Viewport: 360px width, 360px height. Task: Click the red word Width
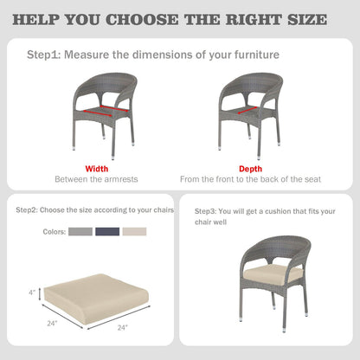pos(97,169)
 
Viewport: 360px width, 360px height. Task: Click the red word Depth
pos(250,169)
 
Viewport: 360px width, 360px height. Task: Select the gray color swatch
pos(80,232)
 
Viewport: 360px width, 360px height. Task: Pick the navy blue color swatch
pos(107,232)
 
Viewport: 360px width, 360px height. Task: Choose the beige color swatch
pos(134,232)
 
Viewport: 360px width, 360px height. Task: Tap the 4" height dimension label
pos(32,292)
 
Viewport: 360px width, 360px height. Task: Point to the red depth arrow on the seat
pos(247,111)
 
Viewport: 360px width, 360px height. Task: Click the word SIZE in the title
pos(307,20)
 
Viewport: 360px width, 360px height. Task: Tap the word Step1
pos(43,55)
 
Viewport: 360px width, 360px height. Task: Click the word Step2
pos(27,210)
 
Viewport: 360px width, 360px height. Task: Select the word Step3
pos(205,211)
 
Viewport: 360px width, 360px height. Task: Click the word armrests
pos(121,179)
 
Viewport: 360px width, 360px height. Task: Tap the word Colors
pos(55,232)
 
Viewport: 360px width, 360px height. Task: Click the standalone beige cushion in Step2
pos(97,299)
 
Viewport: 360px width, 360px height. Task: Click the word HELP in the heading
pos(35,20)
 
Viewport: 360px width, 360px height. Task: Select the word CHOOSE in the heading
pos(142,20)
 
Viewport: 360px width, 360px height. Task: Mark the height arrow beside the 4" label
pos(40,293)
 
